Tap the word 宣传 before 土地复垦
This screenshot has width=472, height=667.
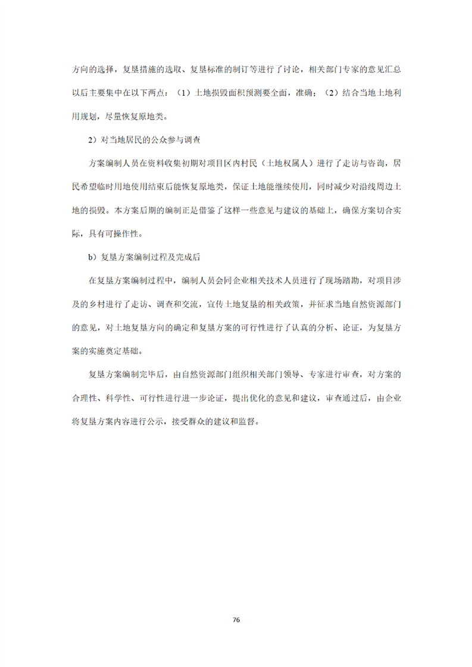click(215, 302)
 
